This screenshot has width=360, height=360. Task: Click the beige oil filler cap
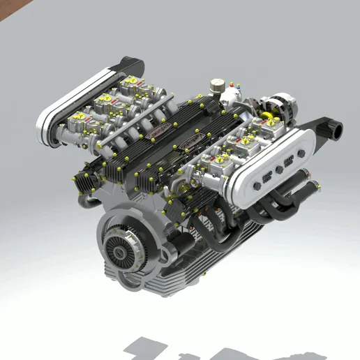pyautogui.click(x=217, y=84)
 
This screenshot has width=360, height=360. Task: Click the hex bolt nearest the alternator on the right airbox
pyautogui.click(x=293, y=161)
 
